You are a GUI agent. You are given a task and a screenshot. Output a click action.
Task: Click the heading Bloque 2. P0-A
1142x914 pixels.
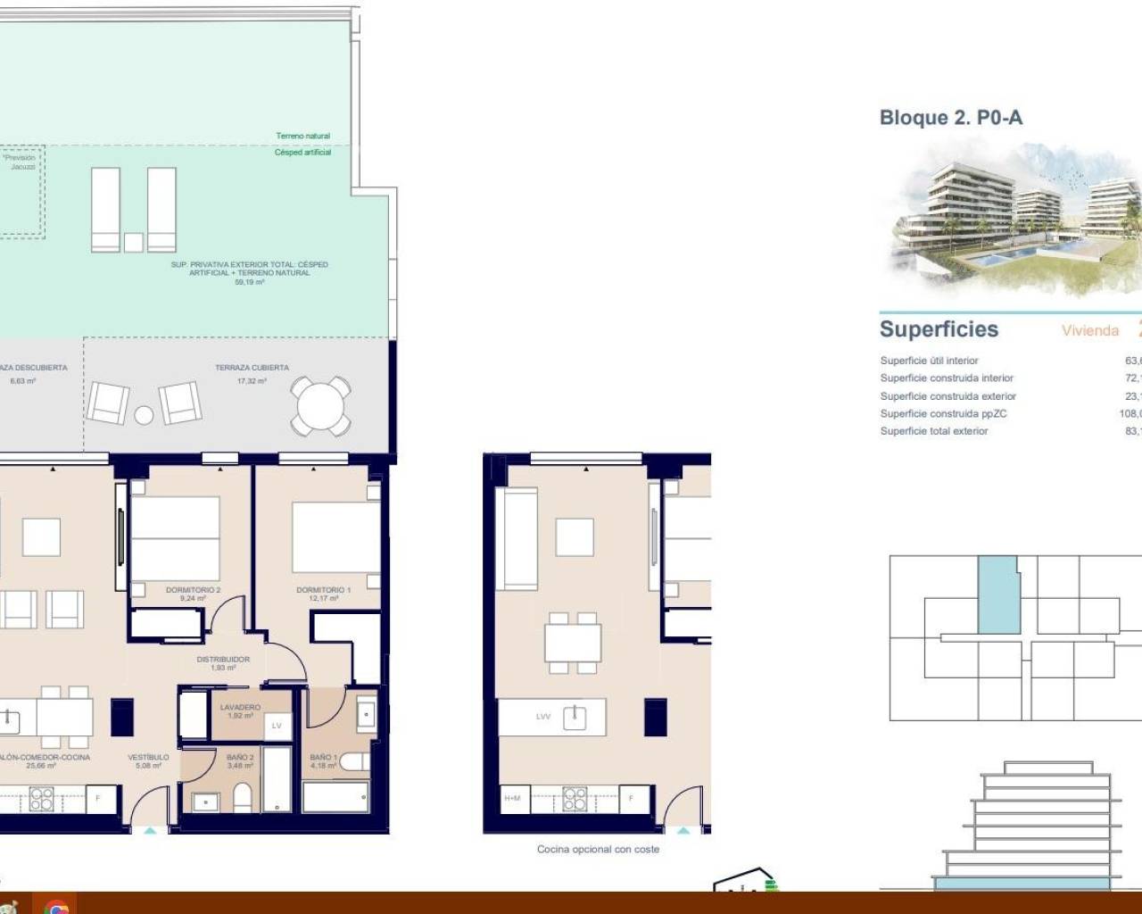[x=950, y=118]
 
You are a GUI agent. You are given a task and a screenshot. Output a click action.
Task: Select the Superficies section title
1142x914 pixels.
[x=939, y=329]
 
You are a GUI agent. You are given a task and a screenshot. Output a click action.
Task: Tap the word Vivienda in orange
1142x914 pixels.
[x=1089, y=331]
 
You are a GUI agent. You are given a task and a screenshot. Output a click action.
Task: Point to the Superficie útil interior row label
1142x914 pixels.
[x=929, y=361]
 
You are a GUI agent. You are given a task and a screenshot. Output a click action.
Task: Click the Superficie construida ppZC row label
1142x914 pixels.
[x=943, y=413]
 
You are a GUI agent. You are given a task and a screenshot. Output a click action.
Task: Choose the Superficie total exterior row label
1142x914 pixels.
[x=933, y=431]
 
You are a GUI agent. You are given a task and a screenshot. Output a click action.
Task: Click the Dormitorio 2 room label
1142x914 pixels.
[x=193, y=590]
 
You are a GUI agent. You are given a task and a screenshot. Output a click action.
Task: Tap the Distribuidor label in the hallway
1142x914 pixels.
[x=223, y=660]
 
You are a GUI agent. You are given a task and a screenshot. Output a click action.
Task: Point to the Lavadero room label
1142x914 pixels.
[x=240, y=708]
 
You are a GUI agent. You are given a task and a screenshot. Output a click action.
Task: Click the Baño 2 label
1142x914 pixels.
[x=240, y=758]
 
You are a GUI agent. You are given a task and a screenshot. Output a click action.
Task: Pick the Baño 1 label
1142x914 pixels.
[x=323, y=758]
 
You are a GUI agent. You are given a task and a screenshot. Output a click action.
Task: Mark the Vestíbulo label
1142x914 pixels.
[x=148, y=758]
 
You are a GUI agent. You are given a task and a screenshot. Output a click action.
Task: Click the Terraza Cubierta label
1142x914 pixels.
[x=252, y=368]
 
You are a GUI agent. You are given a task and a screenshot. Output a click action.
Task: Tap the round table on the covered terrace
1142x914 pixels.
[x=321, y=406]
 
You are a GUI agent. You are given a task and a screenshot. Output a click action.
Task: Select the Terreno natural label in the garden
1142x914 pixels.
[x=302, y=136]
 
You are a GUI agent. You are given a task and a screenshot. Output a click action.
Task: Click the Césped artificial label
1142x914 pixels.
[x=302, y=153]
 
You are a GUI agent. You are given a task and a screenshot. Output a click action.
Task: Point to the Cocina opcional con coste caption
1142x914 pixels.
[x=598, y=849]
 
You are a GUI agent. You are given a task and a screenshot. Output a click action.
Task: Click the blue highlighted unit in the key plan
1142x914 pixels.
[x=997, y=594]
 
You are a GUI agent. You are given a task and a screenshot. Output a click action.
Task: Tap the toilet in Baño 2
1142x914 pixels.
[x=242, y=797]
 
